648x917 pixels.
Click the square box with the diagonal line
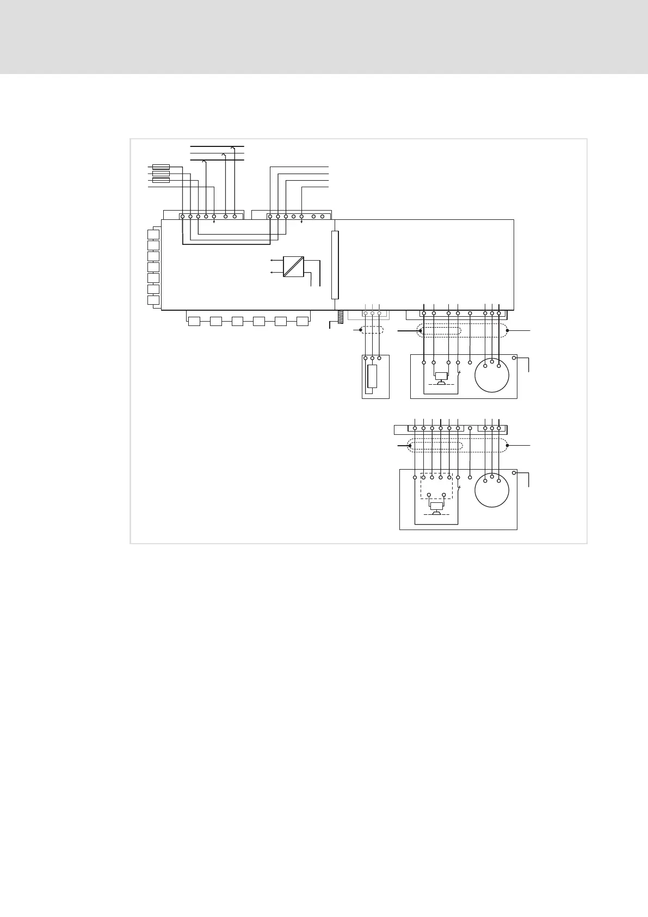[293, 267]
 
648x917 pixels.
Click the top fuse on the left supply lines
[161, 167]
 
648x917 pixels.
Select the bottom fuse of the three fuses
[161, 180]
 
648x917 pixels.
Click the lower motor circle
[492, 490]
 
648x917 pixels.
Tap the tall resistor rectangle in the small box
[372, 376]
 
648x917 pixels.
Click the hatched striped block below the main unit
[341, 317]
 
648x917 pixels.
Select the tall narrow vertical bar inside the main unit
[335, 265]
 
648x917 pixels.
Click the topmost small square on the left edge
[153, 235]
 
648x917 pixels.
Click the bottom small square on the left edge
[153, 300]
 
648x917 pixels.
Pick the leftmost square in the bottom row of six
[194, 321]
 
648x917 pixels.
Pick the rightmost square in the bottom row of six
[303, 321]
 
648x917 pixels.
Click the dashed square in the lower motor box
[436, 486]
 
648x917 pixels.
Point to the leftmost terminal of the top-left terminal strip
[182, 217]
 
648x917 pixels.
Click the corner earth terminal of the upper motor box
[514, 358]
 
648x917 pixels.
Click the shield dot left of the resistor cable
[360, 330]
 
